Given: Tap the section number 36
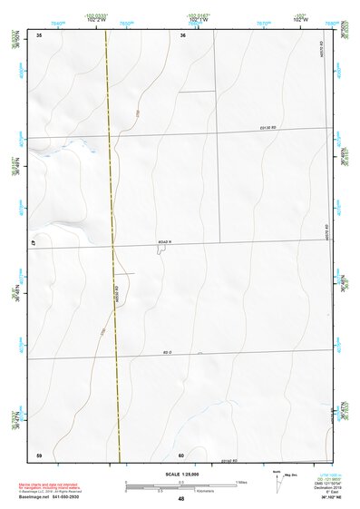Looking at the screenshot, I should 183,35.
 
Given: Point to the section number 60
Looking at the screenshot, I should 181,455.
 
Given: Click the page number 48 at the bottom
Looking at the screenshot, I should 181,499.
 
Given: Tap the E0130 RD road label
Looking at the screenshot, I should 265,129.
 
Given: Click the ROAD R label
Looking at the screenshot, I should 164,242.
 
